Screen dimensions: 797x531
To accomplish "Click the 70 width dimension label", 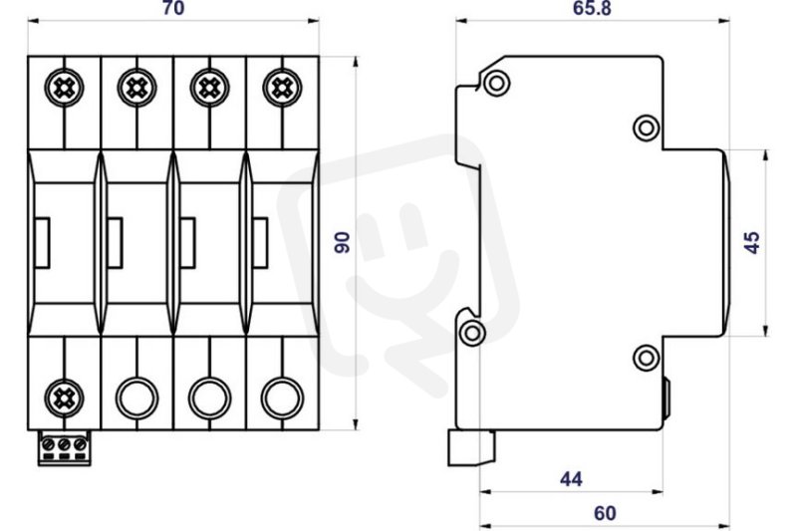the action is [173, 8].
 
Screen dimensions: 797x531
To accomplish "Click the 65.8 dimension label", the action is [592, 8].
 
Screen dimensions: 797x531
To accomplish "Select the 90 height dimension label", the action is [343, 242].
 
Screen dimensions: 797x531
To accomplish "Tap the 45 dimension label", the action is [752, 242].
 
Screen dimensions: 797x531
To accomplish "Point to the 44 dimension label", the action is [571, 478].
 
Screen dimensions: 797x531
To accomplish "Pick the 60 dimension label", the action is [605, 513].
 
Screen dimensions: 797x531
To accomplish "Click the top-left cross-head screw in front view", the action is [64, 88].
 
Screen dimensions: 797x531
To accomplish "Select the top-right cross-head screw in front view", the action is [282, 88].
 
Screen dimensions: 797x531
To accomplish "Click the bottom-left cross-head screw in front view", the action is [64, 398].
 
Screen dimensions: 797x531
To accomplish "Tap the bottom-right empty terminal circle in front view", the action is [282, 398].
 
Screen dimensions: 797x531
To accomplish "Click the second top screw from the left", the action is [136, 88].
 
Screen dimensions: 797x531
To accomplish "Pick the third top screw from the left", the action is [209, 88].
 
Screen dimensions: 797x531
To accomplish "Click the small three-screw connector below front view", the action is [64, 448].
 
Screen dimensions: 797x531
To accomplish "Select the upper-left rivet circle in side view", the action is [496, 83].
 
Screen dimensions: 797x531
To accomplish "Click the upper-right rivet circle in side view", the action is [646, 129].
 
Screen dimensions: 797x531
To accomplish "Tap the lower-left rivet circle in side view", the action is [472, 334].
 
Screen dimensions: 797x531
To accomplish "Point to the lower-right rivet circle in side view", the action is [646, 358].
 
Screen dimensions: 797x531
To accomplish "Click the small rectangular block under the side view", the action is [471, 448].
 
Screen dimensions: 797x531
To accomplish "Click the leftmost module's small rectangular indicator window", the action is [42, 242].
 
